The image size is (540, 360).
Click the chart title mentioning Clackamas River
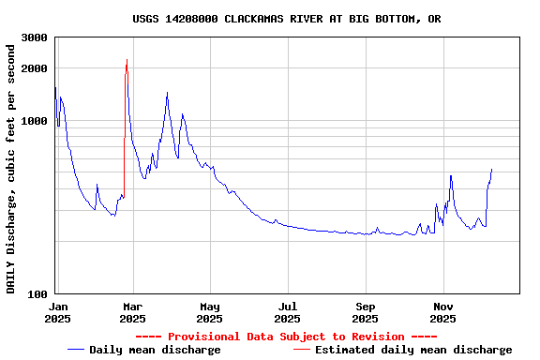pos(286,19)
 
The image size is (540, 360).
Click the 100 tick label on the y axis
pos(38,294)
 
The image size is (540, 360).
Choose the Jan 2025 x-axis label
pos(57,312)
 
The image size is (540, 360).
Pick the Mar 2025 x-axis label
pos(132,312)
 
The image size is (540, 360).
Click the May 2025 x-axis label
pos(210,312)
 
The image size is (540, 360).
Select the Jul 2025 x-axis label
pos(288,312)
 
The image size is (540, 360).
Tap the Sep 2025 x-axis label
pos(366,312)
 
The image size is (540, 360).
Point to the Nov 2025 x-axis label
pos(443,312)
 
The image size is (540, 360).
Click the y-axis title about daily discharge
pos(11,167)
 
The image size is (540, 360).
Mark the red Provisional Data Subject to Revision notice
pos(286,337)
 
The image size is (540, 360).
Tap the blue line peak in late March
pos(167,93)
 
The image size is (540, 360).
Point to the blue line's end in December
pos(491,170)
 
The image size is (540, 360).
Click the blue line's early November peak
pos(451,175)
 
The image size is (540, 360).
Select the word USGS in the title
pos(146,19)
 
